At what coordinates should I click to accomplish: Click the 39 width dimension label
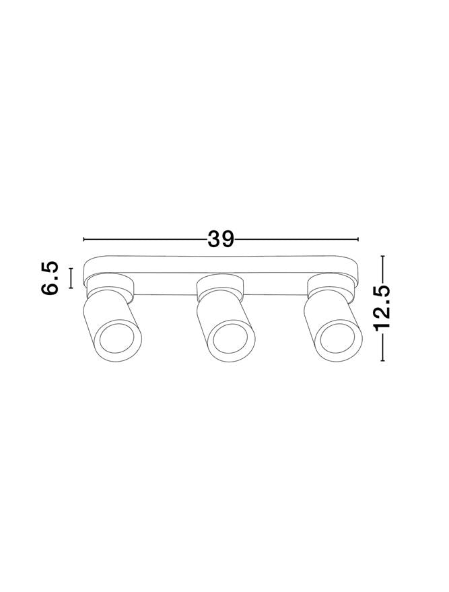(221, 239)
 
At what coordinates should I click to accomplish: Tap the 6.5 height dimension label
(50, 277)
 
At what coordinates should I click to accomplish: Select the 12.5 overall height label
(382, 308)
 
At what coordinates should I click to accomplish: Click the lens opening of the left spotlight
(117, 337)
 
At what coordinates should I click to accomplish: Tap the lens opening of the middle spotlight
(230, 337)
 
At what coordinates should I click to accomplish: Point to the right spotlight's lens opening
(338, 337)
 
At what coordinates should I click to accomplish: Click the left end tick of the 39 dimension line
(83, 239)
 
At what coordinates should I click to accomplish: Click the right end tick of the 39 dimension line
(357, 239)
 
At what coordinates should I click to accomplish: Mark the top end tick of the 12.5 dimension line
(383, 256)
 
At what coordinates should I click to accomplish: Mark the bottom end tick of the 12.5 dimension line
(383, 361)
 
